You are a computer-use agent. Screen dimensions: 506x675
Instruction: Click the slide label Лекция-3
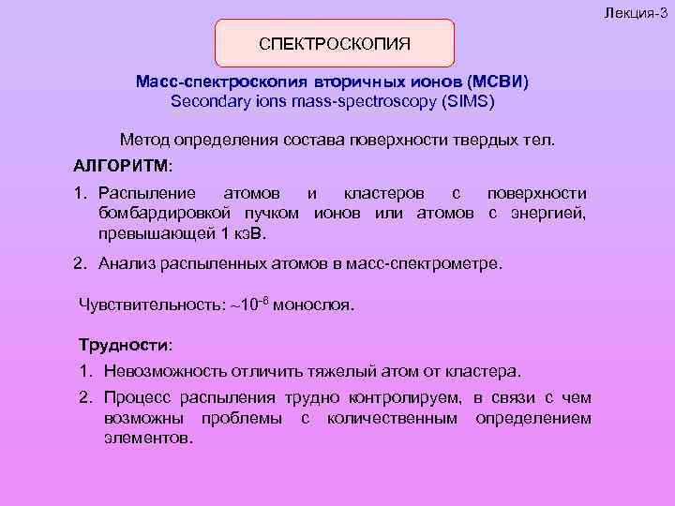(x=641, y=7)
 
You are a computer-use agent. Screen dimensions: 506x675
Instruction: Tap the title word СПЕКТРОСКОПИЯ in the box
(x=335, y=44)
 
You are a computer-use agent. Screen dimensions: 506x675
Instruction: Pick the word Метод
(x=143, y=141)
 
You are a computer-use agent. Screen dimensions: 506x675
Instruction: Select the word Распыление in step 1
(x=147, y=193)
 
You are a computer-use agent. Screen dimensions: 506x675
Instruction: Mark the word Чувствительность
(x=140, y=306)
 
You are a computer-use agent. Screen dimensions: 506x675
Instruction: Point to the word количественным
(x=392, y=417)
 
